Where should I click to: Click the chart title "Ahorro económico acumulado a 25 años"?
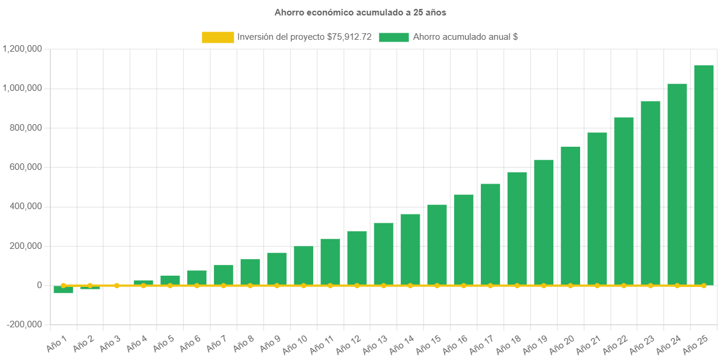(360, 12)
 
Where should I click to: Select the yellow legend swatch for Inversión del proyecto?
(218, 37)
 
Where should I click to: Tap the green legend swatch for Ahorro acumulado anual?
(393, 37)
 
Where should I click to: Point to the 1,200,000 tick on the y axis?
(22, 49)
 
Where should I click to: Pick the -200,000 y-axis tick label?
(24, 324)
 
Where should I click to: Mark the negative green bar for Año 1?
(63, 290)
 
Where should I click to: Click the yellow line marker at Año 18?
(517, 286)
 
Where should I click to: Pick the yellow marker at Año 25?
(704, 286)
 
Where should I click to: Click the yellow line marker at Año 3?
(117, 286)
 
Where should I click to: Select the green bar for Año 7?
(223, 275)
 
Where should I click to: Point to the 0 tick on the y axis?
(39, 285)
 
